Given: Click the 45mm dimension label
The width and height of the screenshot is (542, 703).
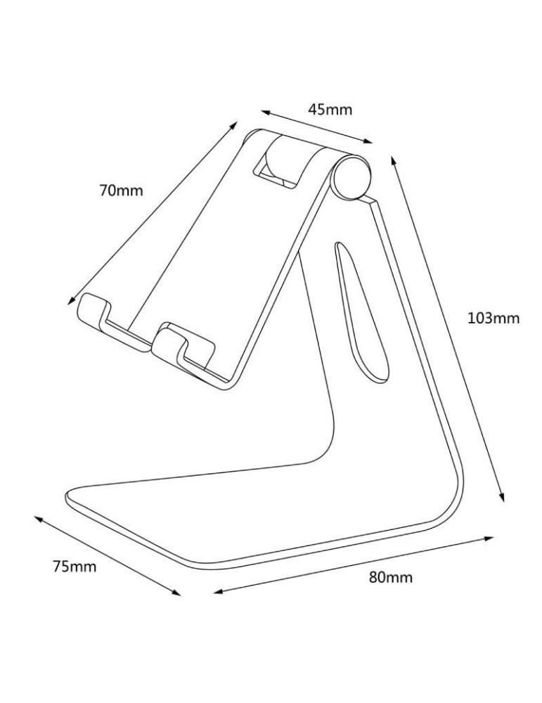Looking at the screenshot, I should (x=330, y=109).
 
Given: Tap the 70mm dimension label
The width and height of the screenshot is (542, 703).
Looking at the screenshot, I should (x=120, y=190).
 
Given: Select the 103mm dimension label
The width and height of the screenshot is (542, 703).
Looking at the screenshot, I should (x=493, y=318).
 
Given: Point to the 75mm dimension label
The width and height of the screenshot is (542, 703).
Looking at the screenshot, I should (x=75, y=566).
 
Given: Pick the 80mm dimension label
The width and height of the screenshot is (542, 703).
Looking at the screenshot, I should (x=391, y=578).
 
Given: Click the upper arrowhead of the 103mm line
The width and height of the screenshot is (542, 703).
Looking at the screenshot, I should (x=392, y=159).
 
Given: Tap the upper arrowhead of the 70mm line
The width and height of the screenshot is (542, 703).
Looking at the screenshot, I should (x=235, y=124).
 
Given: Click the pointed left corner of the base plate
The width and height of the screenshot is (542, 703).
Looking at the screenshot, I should (x=67, y=497).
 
